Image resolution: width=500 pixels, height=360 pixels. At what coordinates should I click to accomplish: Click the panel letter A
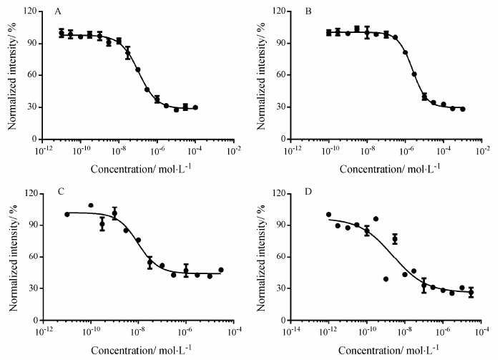pos(57,13)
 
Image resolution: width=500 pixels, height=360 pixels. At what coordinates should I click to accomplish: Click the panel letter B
pos(307,13)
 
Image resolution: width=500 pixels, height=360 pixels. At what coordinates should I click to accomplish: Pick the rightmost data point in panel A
pos(195,107)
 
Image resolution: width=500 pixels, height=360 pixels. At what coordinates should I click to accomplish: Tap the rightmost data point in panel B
pos(463,109)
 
